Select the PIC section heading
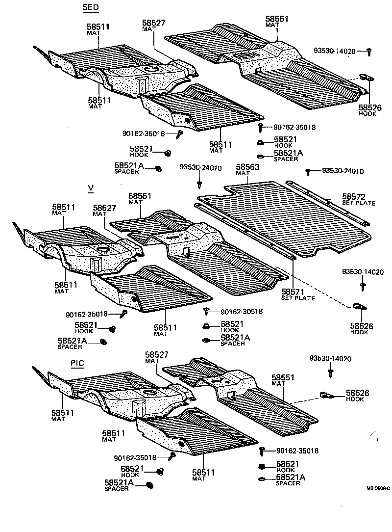pyautogui.click(x=77, y=363)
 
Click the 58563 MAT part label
pyautogui.click(x=247, y=169)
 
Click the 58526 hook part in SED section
pyautogui.click(x=366, y=77)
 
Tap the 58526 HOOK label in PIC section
pyautogui.click(x=358, y=396)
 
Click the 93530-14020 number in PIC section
pyautogui.click(x=330, y=359)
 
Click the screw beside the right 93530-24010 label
pyautogui.click(x=308, y=172)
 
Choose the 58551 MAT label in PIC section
pyautogui.click(x=283, y=380)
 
